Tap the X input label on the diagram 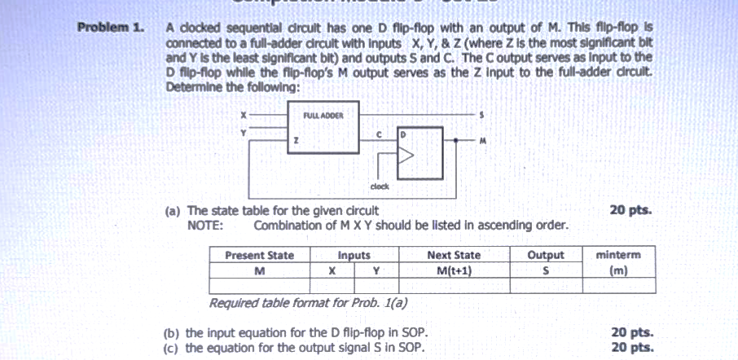click(242, 115)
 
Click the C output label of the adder click(378, 133)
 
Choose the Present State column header click(259, 256)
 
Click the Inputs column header click(354, 256)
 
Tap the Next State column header click(454, 256)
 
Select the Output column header click(546, 256)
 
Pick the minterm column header click(618, 256)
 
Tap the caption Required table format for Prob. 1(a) click(309, 303)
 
